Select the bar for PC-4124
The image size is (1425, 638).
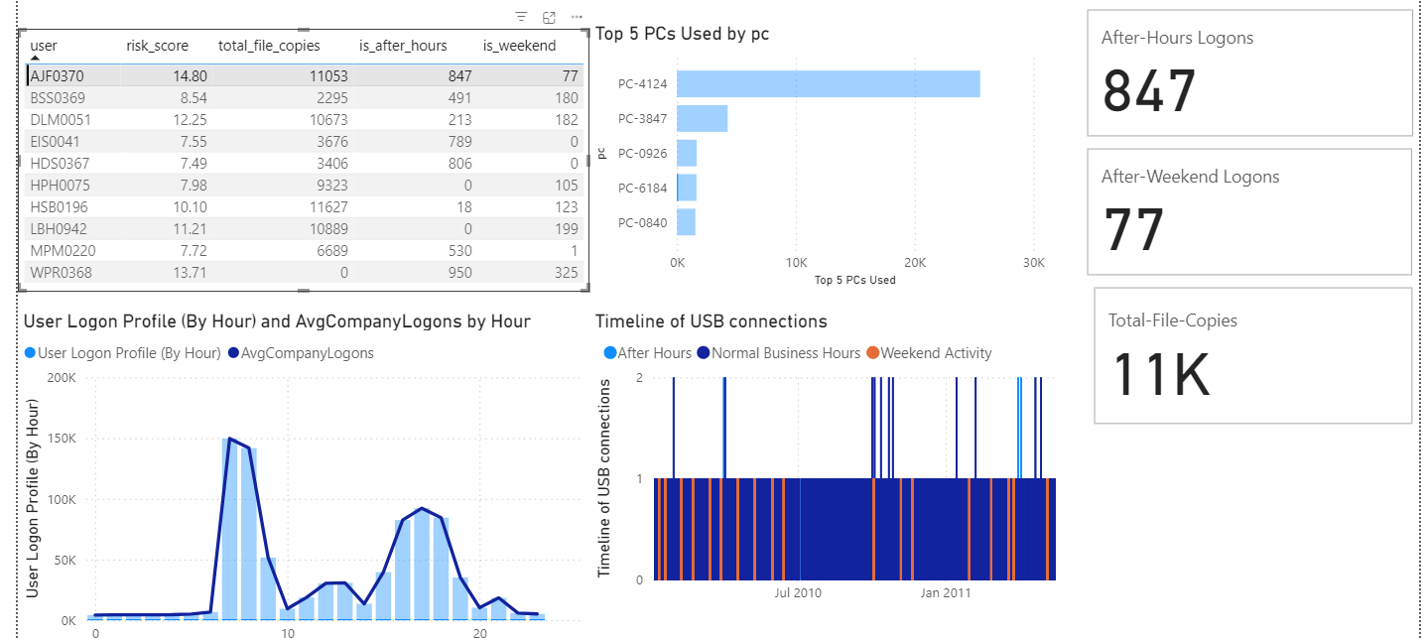tap(828, 84)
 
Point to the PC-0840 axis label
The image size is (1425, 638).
tap(642, 222)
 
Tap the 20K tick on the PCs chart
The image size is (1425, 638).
tap(914, 263)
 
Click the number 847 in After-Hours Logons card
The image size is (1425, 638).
tap(1150, 90)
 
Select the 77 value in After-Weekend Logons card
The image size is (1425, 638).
tap(1133, 229)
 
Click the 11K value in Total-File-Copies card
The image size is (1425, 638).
tap(1159, 373)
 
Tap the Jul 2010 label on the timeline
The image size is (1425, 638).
tap(798, 593)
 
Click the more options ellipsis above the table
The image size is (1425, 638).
tap(577, 17)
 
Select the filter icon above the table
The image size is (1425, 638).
tap(521, 17)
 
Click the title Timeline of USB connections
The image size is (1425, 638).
tap(711, 321)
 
